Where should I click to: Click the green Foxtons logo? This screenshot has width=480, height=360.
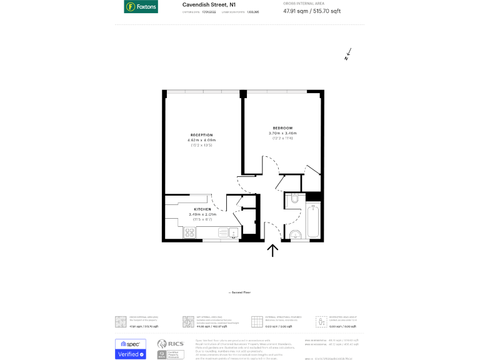pyautogui.click(x=141, y=7)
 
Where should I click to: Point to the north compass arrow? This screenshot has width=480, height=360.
pyautogui.click(x=347, y=55)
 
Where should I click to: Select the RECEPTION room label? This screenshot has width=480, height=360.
pyautogui.click(x=201, y=135)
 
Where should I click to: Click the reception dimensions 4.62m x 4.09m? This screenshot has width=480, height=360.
pyautogui.click(x=201, y=140)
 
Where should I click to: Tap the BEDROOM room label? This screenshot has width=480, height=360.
pyautogui.click(x=282, y=128)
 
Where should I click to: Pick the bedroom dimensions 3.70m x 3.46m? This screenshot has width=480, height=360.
pyautogui.click(x=282, y=133)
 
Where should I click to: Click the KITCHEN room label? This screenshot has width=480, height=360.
pyautogui.click(x=202, y=209)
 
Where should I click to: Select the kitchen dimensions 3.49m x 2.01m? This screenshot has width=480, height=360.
pyautogui.click(x=202, y=214)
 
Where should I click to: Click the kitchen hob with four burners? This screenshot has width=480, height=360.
pyautogui.click(x=191, y=233)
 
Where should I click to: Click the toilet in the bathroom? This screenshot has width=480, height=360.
pyautogui.click(x=295, y=201)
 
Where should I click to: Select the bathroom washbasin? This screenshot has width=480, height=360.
pyautogui.click(x=295, y=235)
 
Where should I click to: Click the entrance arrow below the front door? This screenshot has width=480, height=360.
pyautogui.click(x=272, y=250)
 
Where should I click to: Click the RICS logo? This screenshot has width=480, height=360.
pyautogui.click(x=170, y=344)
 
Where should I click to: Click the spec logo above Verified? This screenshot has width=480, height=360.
pyautogui.click(x=131, y=344)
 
